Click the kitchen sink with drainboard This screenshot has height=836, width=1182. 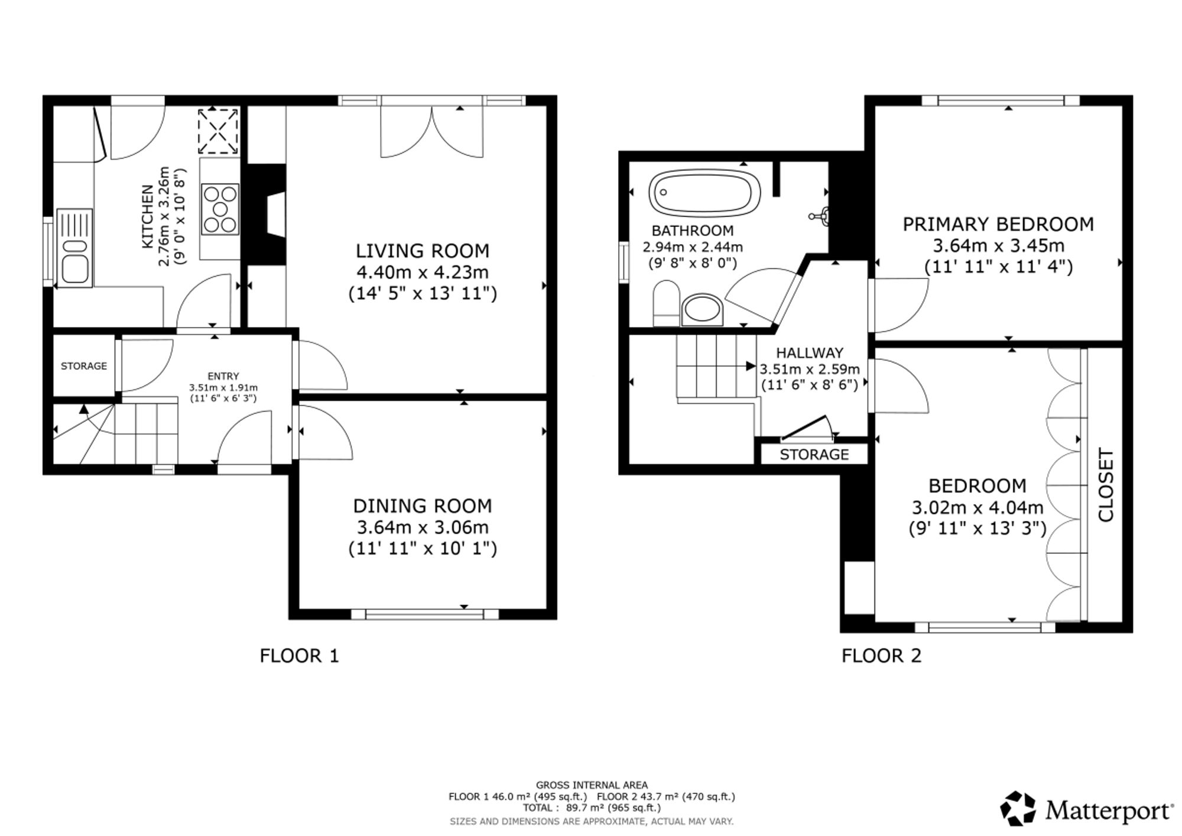[x=74, y=248]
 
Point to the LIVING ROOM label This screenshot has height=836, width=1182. [x=423, y=251]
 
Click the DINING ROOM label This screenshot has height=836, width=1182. [x=423, y=506]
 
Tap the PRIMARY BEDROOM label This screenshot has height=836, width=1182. [x=998, y=224]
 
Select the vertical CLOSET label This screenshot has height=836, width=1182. [x=1106, y=485]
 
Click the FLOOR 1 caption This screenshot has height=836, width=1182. [x=300, y=656]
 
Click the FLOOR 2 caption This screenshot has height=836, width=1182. [x=882, y=656]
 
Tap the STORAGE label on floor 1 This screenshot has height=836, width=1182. [x=84, y=366]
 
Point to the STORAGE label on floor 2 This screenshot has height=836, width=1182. [x=814, y=455]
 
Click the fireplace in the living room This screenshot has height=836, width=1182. [x=266, y=214]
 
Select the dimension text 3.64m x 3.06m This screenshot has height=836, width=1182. [x=423, y=527]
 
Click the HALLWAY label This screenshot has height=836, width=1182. [x=810, y=353]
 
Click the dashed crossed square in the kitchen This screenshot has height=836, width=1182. [x=218, y=131]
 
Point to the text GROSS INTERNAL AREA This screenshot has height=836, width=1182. [x=592, y=785]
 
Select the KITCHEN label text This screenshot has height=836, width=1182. [x=147, y=216]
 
